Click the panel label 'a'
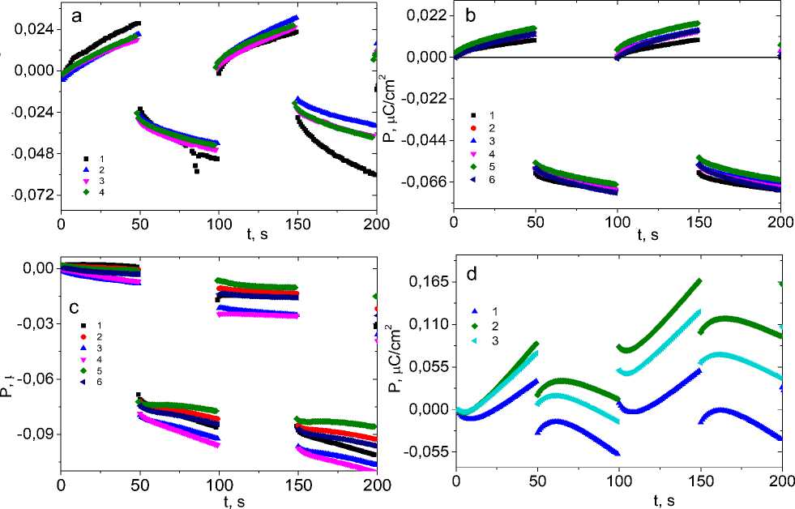75,15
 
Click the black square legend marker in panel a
85,158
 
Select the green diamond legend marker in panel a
85,193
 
